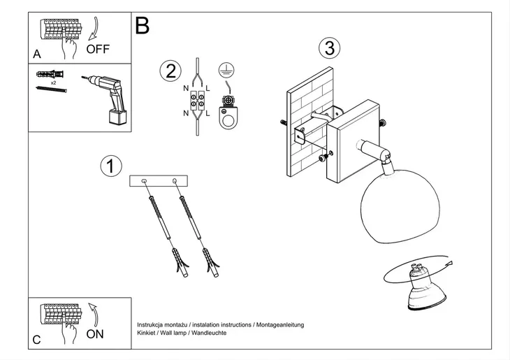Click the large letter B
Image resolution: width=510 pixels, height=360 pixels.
pyautogui.click(x=143, y=26)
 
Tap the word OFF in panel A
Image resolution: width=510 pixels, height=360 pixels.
pyautogui.click(x=98, y=49)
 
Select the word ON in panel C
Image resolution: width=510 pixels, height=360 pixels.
pyautogui.click(x=94, y=334)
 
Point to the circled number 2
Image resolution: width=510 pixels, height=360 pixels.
pyautogui.click(x=170, y=71)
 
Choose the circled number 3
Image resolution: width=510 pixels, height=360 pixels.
pyautogui.click(x=329, y=48)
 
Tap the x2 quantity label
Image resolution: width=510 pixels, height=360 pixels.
pyautogui.click(x=52, y=82)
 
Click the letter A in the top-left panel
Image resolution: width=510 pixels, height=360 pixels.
pyautogui.click(x=36, y=54)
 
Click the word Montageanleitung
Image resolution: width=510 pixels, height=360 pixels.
pyautogui.click(x=279, y=325)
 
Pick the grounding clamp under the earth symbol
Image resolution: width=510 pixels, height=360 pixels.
pyautogui.click(x=227, y=112)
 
